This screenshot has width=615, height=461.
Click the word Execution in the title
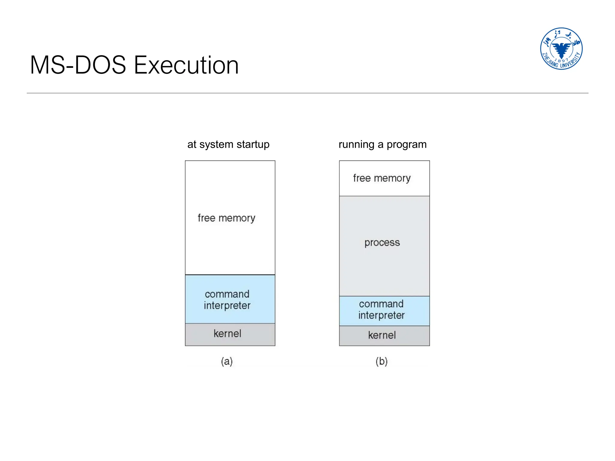click(x=186, y=65)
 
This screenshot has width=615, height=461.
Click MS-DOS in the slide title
click(x=78, y=65)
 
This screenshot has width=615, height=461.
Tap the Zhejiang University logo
click(x=561, y=49)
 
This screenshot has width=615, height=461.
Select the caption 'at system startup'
click(x=228, y=144)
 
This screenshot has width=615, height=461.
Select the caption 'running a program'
click(x=382, y=144)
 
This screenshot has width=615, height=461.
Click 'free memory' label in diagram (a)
click(x=226, y=218)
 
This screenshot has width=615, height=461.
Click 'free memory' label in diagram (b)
click(x=382, y=178)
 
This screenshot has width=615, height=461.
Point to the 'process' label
click(x=382, y=243)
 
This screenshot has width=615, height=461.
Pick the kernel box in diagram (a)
click(x=230, y=334)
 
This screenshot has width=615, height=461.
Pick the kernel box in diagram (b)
click(x=384, y=336)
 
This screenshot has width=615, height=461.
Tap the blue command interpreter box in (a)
click(x=230, y=299)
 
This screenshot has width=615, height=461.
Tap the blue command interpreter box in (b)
click(x=384, y=311)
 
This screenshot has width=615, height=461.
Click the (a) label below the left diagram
click(x=227, y=361)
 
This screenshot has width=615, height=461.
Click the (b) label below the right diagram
click(x=381, y=361)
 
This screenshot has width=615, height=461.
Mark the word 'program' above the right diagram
click(x=406, y=145)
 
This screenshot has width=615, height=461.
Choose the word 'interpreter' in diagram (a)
click(x=227, y=306)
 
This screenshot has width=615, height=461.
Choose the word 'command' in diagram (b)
click(x=381, y=304)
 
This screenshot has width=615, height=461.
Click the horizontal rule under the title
click(x=307, y=93)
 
